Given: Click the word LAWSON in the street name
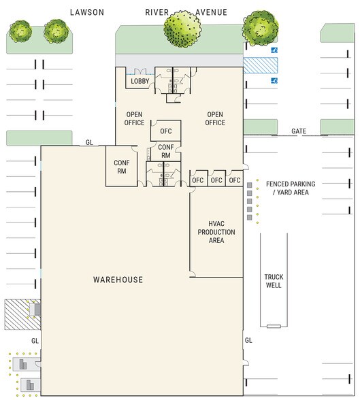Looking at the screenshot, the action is (87, 12).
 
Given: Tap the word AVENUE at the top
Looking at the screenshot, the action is (211, 12).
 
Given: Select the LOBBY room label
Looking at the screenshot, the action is (140, 81).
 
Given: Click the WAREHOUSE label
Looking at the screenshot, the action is (118, 280).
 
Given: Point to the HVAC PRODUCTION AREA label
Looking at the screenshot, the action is (216, 232).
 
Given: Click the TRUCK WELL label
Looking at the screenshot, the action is (274, 281).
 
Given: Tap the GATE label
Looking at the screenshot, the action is (299, 131).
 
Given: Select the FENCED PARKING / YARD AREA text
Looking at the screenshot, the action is (291, 188).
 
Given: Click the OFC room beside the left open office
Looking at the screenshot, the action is (166, 131).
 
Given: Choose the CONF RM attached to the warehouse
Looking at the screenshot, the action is (121, 166).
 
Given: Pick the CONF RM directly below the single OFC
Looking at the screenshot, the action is (166, 151).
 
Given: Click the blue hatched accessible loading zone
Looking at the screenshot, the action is (261, 65).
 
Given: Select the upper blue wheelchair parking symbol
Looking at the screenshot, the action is (274, 50).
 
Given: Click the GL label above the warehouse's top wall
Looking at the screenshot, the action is (89, 142).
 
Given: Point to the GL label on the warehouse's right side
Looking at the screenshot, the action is (248, 340).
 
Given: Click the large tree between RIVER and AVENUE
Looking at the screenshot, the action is (182, 29).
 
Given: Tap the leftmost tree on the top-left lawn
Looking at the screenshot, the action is (20, 31).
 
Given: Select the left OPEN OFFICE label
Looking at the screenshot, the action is (134, 118).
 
